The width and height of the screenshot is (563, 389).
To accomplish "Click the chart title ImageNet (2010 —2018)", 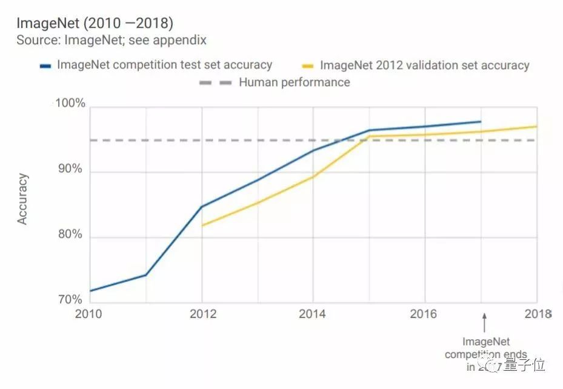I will click(95, 24).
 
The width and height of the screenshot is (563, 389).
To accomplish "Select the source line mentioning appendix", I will click(112, 41).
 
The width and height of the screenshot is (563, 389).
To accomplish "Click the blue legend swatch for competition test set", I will click(46, 65).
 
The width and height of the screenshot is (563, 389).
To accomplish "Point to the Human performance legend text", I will click(294, 82).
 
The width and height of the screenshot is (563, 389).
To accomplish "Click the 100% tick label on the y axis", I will click(70, 104).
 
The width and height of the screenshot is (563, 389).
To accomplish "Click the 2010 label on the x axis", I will click(89, 314).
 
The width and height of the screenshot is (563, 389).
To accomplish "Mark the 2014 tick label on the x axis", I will click(312, 314).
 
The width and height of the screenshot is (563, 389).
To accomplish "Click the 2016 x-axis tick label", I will click(424, 314).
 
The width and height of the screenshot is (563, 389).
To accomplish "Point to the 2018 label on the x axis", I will click(536, 314).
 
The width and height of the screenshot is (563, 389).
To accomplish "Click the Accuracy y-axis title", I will click(23, 199).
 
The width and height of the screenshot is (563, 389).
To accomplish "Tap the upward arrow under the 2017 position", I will click(484, 321).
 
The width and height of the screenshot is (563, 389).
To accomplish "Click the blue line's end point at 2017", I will click(481, 122).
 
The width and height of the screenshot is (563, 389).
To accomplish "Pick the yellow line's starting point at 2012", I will click(201, 225).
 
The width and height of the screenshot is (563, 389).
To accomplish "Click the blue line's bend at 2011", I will click(145, 275).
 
